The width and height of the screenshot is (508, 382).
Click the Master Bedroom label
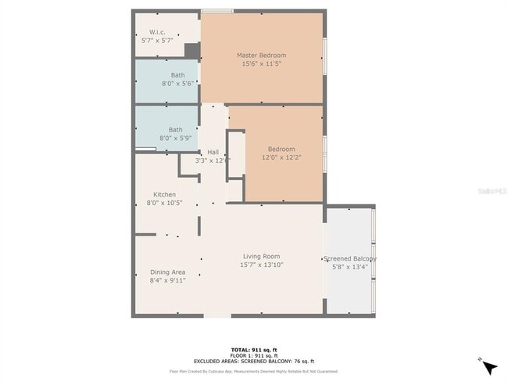(x=262, y=56)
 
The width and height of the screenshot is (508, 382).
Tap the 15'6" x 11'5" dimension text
(x=262, y=64)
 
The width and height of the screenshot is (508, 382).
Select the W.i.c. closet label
(x=158, y=32)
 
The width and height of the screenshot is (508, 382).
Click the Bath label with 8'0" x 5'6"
(x=178, y=75)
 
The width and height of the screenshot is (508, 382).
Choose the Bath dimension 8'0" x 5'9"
(x=175, y=138)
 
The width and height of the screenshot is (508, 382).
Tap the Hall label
(x=213, y=152)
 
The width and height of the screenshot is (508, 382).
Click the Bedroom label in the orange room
(x=281, y=149)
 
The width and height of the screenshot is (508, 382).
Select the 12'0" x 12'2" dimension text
(x=281, y=157)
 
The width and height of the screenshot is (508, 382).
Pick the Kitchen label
(x=164, y=194)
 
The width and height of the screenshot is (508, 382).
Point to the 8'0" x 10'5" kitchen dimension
(x=164, y=203)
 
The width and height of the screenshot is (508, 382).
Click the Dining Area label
(x=168, y=272)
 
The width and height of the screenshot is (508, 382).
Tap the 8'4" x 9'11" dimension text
(x=168, y=280)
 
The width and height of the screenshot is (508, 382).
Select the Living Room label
(x=261, y=256)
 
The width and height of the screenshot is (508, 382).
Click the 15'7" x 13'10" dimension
(x=261, y=265)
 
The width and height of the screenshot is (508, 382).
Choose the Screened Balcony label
(x=350, y=258)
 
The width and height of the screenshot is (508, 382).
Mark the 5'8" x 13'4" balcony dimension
(x=349, y=267)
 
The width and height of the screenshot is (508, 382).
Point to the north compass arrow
(x=489, y=366)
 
